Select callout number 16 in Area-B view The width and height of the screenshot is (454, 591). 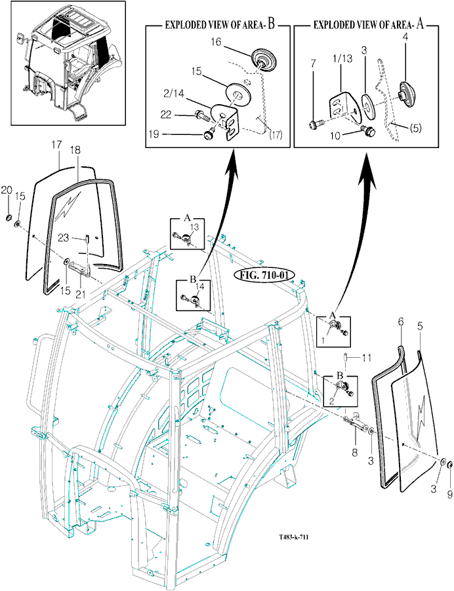[216, 41]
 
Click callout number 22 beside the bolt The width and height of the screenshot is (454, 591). [166, 115]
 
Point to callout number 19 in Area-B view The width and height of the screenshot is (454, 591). [154, 134]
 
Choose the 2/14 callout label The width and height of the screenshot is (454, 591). [174, 93]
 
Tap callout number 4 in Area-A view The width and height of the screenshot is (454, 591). [405, 38]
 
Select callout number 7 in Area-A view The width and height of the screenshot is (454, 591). [313, 64]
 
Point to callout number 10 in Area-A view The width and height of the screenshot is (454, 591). [335, 136]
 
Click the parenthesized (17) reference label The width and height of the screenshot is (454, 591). [276, 134]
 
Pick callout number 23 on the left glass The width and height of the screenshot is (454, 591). [64, 238]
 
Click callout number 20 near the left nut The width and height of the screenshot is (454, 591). [7, 191]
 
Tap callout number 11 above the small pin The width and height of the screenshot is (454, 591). [367, 358]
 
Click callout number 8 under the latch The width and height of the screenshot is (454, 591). [355, 452]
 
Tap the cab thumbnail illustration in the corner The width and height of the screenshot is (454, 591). [68, 63]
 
